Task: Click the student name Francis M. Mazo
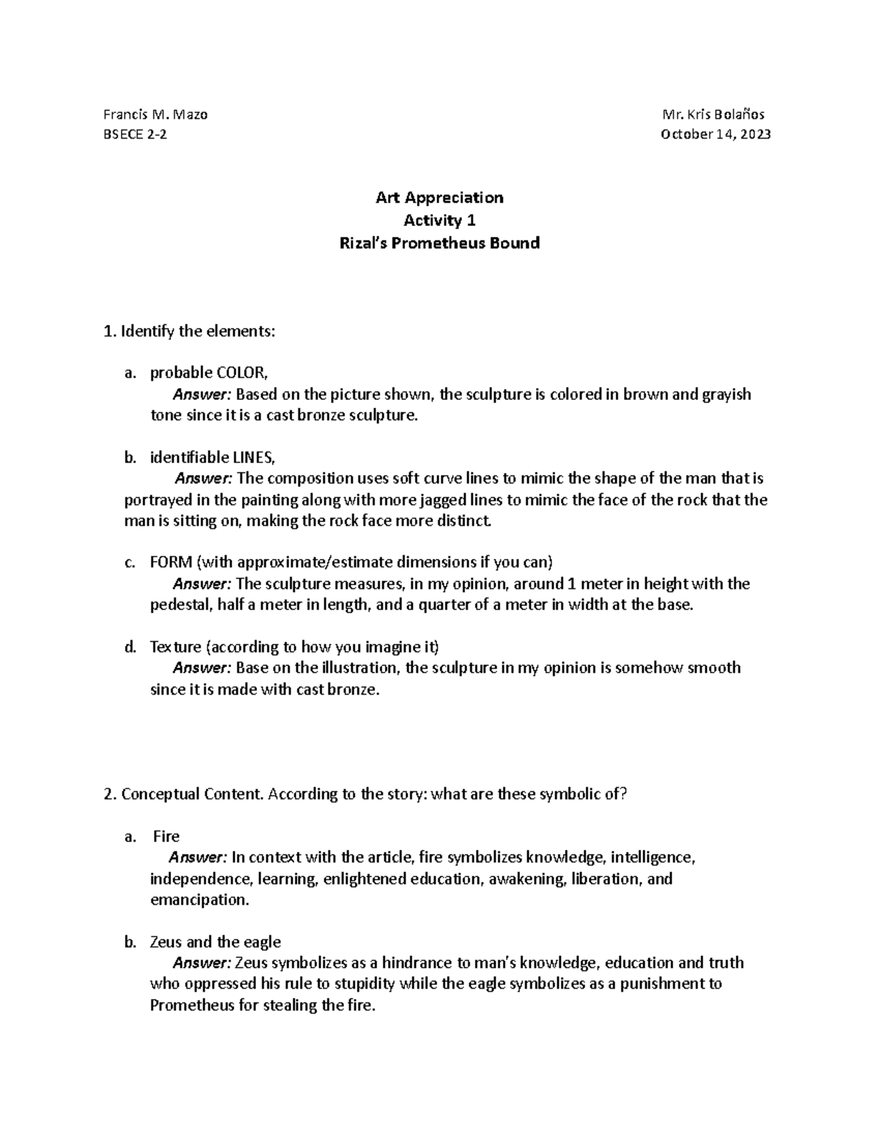point(155,114)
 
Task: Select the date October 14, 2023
point(715,134)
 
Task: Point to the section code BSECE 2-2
point(135,134)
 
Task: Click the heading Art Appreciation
point(439,197)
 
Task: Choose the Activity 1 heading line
point(439,220)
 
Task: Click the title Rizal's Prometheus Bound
point(439,243)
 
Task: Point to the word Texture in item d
point(175,647)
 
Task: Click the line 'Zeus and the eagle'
point(215,942)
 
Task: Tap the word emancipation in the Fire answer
point(199,900)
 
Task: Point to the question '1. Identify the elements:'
point(190,331)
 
